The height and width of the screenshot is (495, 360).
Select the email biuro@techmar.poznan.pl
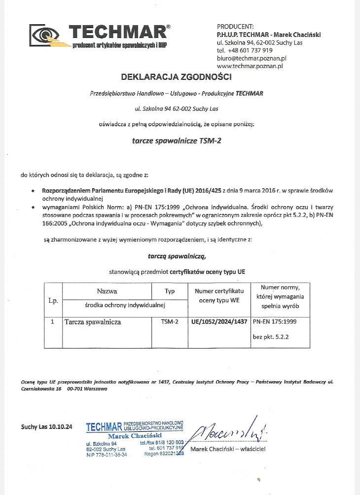coord(252,58)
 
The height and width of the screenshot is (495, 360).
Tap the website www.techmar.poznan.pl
coord(249,65)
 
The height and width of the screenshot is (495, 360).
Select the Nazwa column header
coord(107,291)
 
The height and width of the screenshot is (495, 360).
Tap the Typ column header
coord(170,291)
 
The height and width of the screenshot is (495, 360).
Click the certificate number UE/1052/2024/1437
coord(218,323)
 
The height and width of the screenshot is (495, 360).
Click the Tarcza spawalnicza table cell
coord(93,323)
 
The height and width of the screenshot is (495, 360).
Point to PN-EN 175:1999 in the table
coord(274,323)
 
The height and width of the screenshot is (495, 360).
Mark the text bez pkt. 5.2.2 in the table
coord(270,338)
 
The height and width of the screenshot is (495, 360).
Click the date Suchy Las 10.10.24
coord(47,426)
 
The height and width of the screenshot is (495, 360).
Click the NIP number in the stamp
coord(107,454)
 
